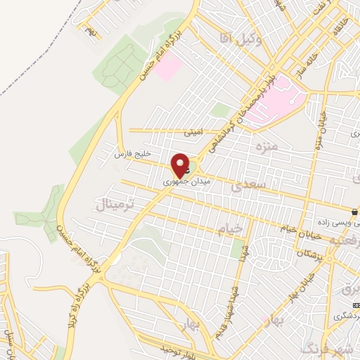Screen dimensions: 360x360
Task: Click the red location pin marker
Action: pos(181,165)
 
